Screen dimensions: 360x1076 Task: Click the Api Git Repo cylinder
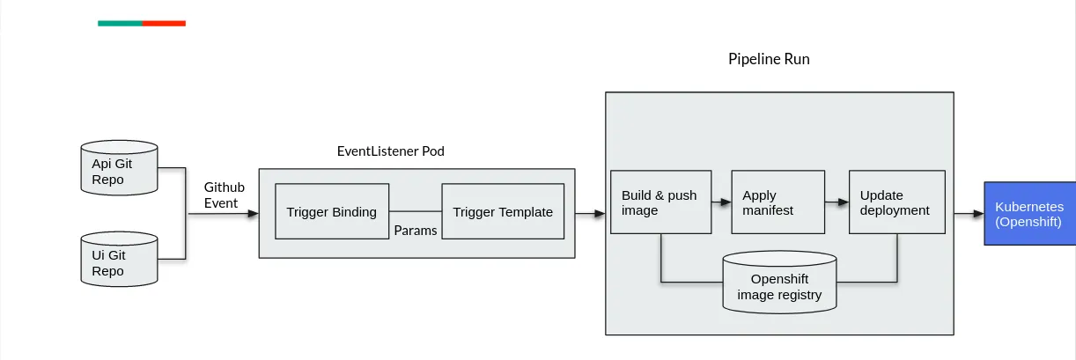click(119, 168)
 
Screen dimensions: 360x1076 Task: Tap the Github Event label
click(224, 195)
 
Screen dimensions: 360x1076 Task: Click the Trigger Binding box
click(332, 211)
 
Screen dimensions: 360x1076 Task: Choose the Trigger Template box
click(503, 211)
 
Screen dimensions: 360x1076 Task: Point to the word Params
click(416, 231)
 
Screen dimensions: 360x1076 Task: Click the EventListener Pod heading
click(391, 151)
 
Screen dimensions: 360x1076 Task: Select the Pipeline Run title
click(769, 60)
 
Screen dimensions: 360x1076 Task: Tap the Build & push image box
click(660, 202)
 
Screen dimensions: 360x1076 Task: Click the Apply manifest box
click(778, 202)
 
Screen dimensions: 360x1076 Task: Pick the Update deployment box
click(895, 202)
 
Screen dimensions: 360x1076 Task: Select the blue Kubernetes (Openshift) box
click(1029, 213)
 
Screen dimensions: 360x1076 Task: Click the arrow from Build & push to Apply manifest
click(722, 202)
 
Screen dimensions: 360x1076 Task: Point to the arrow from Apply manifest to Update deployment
click(836, 202)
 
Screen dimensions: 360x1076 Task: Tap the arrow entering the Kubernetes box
click(969, 213)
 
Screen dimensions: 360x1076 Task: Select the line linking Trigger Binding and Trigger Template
click(415, 211)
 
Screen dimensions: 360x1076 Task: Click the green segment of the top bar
click(120, 23)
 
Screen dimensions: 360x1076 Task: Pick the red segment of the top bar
click(164, 23)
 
